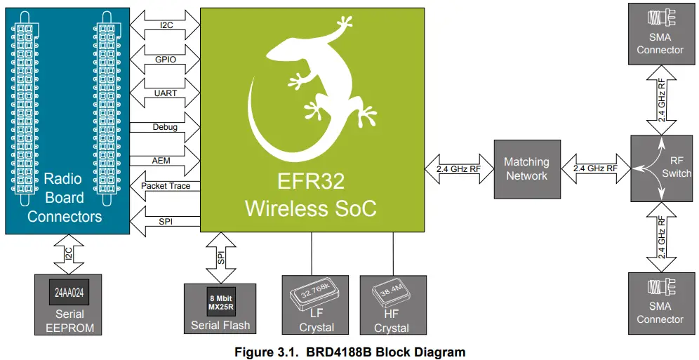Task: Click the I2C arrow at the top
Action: click(x=166, y=24)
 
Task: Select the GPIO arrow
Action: click(x=166, y=59)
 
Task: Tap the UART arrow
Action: click(x=166, y=93)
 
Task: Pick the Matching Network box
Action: click(x=526, y=168)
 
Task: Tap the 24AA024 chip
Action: click(x=69, y=291)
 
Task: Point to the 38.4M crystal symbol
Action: click(x=391, y=295)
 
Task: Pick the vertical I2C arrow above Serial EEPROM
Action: click(x=69, y=254)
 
